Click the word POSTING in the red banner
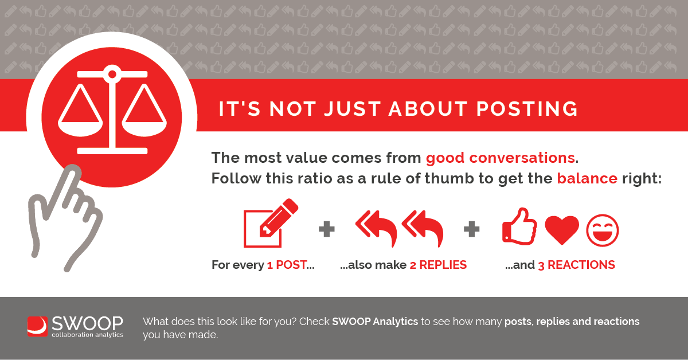click(x=527, y=109)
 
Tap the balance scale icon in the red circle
click(x=112, y=109)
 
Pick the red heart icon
click(x=562, y=230)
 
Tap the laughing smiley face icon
click(x=603, y=230)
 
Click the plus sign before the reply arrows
click(x=326, y=229)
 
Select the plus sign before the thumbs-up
click(x=471, y=229)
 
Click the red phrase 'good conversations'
click(x=501, y=158)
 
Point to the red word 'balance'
click(x=587, y=178)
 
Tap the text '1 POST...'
click(x=291, y=265)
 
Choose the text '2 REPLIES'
click(x=438, y=265)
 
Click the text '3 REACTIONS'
click(x=577, y=265)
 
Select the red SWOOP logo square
click(x=37, y=327)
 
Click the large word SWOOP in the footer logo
click(x=87, y=323)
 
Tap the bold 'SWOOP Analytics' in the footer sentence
click(x=375, y=322)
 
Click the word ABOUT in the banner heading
click(x=428, y=109)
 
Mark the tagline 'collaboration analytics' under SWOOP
click(x=88, y=335)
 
